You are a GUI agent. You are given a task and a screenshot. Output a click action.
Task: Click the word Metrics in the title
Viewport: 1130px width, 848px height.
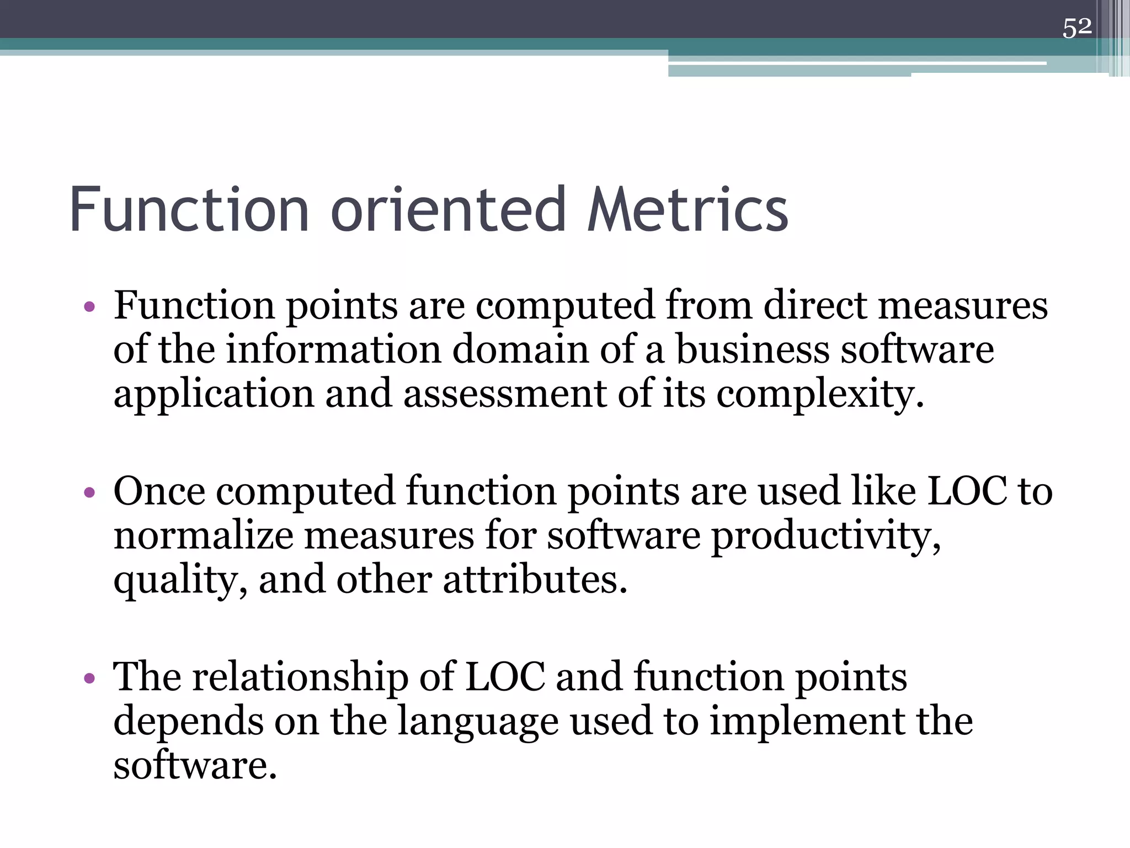click(x=688, y=210)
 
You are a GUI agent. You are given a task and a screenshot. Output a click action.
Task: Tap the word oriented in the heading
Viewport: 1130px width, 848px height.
click(x=449, y=210)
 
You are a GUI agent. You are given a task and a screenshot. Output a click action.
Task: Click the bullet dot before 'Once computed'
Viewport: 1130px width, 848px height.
click(x=90, y=492)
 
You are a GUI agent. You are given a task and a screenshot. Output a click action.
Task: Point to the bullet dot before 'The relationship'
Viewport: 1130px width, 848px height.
click(x=90, y=678)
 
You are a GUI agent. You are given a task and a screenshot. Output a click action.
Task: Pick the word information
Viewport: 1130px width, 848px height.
click(x=334, y=350)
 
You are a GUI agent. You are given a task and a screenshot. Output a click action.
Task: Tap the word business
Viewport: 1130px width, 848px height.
click(x=753, y=350)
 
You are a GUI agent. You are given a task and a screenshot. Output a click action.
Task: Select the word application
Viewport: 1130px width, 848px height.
click(x=214, y=395)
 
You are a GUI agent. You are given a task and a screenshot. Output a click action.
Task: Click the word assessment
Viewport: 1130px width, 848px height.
click(x=505, y=394)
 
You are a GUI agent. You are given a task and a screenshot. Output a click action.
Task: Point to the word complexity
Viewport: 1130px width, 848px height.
click(x=820, y=395)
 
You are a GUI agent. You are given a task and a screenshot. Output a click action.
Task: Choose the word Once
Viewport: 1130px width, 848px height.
click(x=159, y=491)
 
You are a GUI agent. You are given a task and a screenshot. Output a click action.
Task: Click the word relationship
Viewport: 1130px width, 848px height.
click(x=300, y=677)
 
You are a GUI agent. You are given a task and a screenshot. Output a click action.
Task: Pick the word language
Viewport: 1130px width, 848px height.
click(x=477, y=723)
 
